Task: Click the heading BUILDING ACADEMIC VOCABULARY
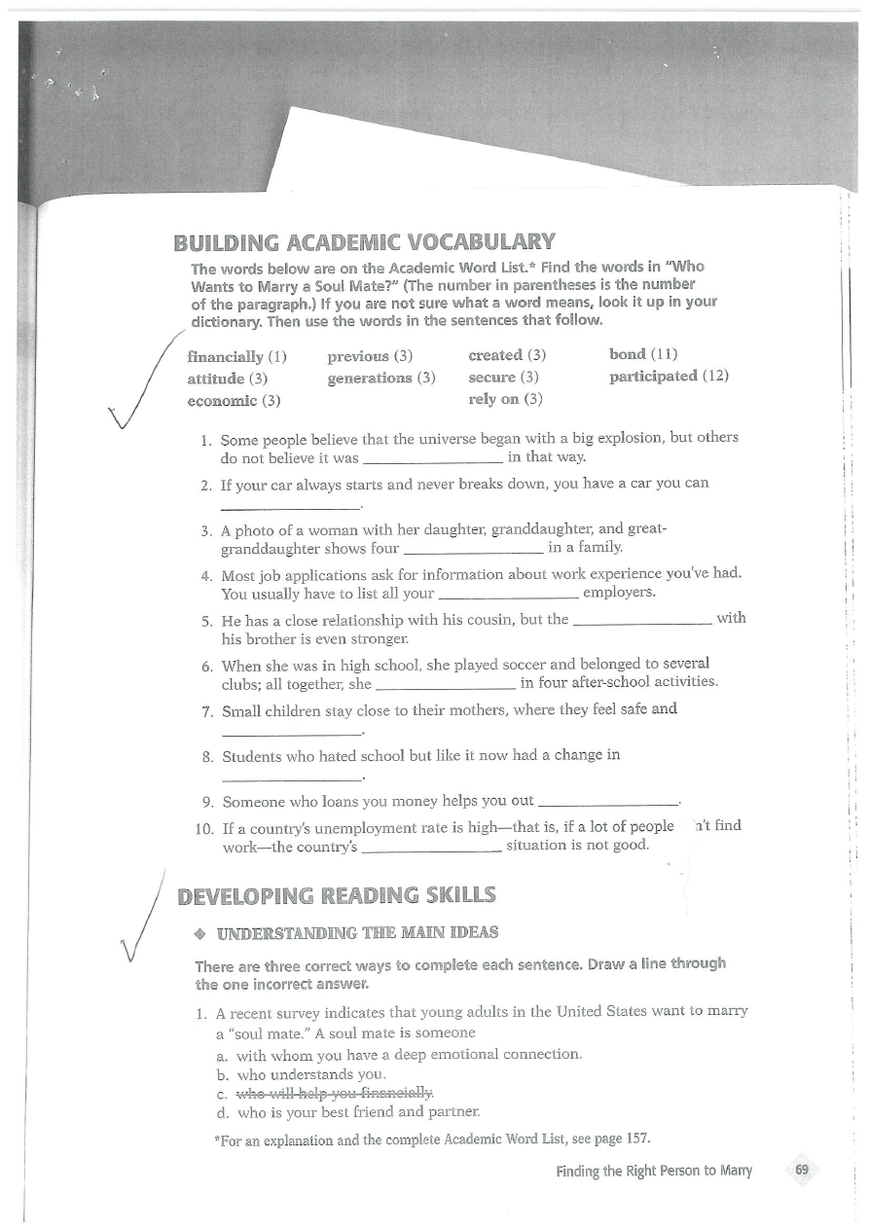coord(364,242)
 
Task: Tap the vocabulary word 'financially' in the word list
coord(228,354)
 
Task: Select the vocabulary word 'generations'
coord(371,377)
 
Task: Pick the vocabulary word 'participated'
coord(653,376)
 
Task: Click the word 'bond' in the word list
coord(628,353)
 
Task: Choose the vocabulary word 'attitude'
coord(216,377)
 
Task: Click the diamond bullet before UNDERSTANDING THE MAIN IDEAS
coord(199,933)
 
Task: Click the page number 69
coord(802,1170)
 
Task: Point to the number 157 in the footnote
coord(635,1139)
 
